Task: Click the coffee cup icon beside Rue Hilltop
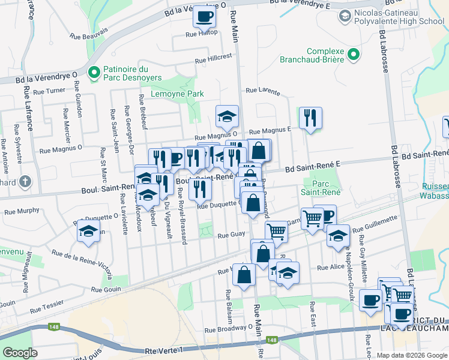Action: [x=204, y=16]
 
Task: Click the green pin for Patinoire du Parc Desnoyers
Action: [x=93, y=73]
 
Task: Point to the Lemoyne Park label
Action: [x=177, y=94]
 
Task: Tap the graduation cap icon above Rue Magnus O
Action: [x=227, y=116]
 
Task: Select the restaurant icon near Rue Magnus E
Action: [x=310, y=118]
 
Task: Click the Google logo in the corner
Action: [x=20, y=353]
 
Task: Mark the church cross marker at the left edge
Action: [x=25, y=181]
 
